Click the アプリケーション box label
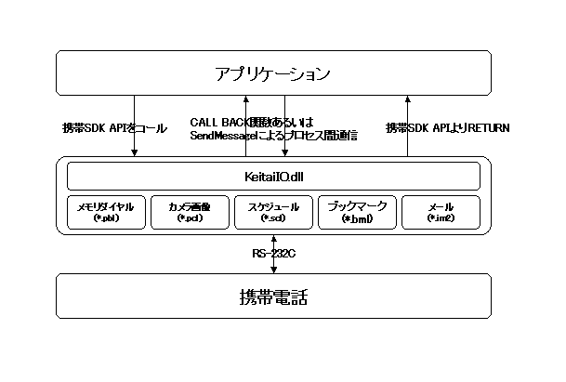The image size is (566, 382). point(271,72)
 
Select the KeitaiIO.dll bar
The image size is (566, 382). point(273,176)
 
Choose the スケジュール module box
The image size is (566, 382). point(272,212)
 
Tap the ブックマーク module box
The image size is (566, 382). point(356,212)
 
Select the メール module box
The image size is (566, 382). point(440,212)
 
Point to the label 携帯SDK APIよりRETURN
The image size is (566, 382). point(448,127)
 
